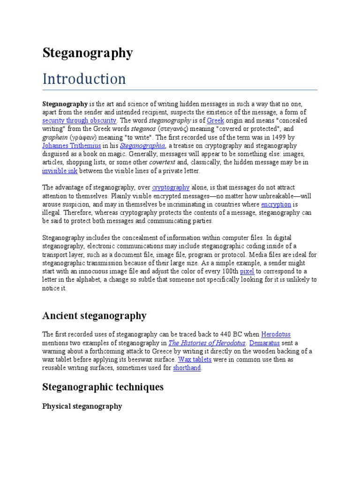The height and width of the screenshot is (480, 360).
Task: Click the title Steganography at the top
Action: point(88,53)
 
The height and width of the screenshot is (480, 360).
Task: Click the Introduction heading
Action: point(84,79)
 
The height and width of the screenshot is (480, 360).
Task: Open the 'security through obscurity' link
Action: point(79,120)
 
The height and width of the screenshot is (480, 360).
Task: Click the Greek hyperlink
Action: point(215,120)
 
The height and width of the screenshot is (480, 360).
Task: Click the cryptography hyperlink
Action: point(171,187)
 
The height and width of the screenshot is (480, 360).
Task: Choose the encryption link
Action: point(276,204)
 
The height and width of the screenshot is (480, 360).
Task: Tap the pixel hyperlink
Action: point(247,271)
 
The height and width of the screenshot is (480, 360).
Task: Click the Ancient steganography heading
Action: point(94,316)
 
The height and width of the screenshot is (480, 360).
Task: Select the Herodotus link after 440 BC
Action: point(276,335)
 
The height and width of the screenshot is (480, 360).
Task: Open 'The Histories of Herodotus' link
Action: point(207,343)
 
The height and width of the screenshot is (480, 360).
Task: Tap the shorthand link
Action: point(187,368)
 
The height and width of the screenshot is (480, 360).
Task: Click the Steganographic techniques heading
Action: point(103,387)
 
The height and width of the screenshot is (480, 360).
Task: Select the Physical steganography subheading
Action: point(82,406)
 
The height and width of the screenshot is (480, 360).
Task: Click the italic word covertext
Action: point(162,163)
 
